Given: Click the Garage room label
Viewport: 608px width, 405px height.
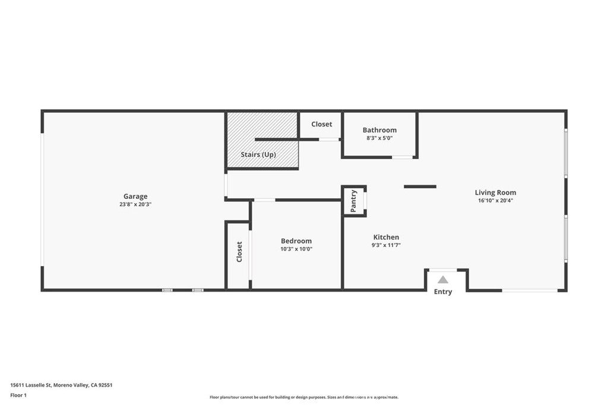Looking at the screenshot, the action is click(x=135, y=197).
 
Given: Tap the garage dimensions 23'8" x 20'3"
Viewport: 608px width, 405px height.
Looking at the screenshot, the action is click(x=135, y=204).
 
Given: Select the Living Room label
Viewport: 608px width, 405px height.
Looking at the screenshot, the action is click(x=496, y=193).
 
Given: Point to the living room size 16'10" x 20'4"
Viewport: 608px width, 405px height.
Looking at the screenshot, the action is click(x=496, y=201).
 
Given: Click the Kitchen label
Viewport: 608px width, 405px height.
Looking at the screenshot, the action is click(x=386, y=237).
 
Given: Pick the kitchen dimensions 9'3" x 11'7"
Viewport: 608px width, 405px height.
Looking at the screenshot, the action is click(x=386, y=245).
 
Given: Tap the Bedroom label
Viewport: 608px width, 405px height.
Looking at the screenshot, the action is click(x=296, y=241).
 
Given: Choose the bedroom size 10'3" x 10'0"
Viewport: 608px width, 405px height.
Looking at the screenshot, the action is click(x=296, y=249).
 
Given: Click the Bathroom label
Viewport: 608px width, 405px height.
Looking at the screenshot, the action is click(x=379, y=130).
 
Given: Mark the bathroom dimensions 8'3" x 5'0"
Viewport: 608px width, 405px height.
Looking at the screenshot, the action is click(x=379, y=138).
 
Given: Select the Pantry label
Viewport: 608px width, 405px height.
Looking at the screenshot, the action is click(x=353, y=201).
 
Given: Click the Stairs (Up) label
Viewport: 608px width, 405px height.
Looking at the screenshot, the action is click(x=258, y=154).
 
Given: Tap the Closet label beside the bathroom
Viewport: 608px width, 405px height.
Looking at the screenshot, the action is click(x=321, y=124).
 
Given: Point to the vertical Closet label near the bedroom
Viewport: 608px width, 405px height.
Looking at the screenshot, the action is click(x=239, y=252).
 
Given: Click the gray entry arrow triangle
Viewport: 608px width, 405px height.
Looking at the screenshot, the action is click(x=443, y=280).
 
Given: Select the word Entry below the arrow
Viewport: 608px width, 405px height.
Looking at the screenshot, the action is click(x=443, y=292).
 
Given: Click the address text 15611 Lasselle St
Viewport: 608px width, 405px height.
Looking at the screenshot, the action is click(x=31, y=385).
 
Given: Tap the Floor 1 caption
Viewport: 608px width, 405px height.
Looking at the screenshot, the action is click(x=18, y=395).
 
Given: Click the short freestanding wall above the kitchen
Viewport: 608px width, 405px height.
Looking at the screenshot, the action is click(x=420, y=186).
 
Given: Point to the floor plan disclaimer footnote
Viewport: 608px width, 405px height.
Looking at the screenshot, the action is click(x=304, y=397).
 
